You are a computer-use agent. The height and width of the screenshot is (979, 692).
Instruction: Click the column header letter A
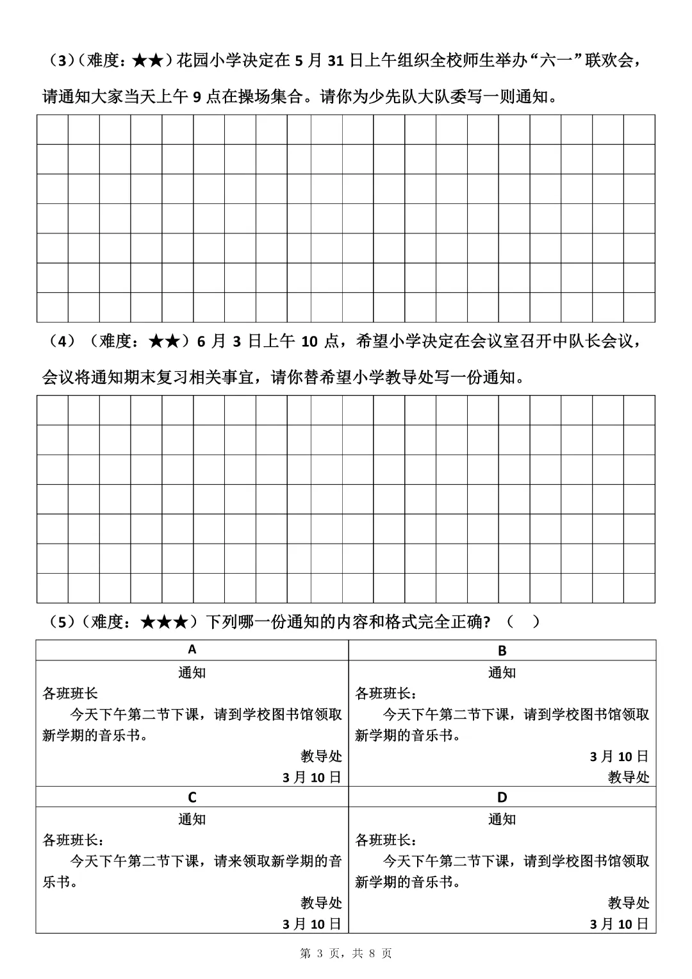click(192, 650)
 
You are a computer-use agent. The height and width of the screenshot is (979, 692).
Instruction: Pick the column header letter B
click(502, 651)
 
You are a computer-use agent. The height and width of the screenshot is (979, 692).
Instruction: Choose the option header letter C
click(192, 798)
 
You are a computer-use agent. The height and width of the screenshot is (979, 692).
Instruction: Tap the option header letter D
click(502, 798)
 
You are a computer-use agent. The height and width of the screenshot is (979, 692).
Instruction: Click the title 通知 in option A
click(192, 673)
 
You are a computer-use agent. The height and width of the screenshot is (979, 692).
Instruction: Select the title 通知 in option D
click(502, 819)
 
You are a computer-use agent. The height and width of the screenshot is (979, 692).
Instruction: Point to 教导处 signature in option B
click(629, 778)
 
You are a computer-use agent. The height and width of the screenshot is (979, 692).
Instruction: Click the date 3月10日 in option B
click(620, 757)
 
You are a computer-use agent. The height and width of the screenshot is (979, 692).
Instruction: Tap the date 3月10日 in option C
click(312, 924)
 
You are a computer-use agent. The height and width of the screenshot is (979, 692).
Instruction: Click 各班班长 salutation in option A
click(70, 694)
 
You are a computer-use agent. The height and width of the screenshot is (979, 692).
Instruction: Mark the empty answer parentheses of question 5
click(522, 623)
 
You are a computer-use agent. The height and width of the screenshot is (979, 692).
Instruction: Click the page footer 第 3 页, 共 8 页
click(346, 954)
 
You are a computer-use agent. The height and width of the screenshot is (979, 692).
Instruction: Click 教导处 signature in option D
click(629, 903)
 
